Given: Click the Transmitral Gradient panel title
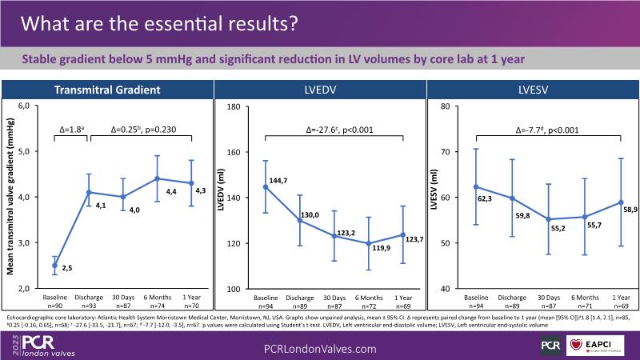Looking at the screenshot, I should coord(108,90).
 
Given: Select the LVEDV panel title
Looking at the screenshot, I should coord(321,90).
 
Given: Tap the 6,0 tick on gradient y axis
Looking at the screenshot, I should coord(23,106).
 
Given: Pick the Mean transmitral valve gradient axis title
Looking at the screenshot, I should coord(12,196).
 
